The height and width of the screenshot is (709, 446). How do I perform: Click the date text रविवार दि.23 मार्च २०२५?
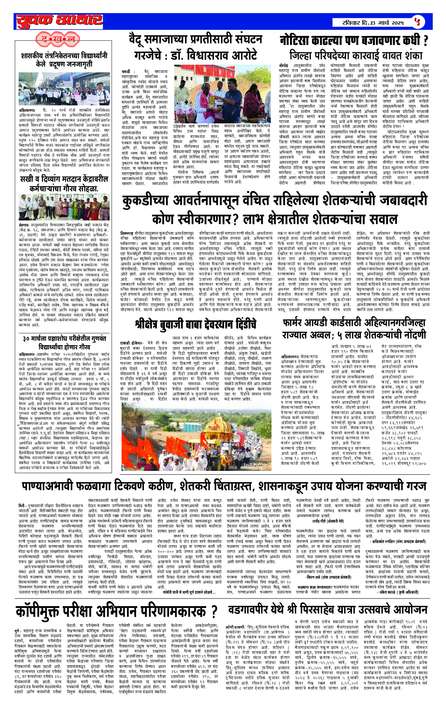373,23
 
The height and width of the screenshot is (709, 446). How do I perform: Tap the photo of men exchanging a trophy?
218,94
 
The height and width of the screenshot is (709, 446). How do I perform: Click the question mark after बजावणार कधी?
425,41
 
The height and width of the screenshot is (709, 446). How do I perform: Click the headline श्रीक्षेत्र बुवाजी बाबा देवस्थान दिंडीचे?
196,323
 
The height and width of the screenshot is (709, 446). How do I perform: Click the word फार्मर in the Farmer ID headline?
297,322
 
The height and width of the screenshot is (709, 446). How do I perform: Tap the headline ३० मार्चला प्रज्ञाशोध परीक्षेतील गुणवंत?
64,338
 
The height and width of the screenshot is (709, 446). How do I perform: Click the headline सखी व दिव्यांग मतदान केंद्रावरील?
64,179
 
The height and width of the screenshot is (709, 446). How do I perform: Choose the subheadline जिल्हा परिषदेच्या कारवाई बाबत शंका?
355,55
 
